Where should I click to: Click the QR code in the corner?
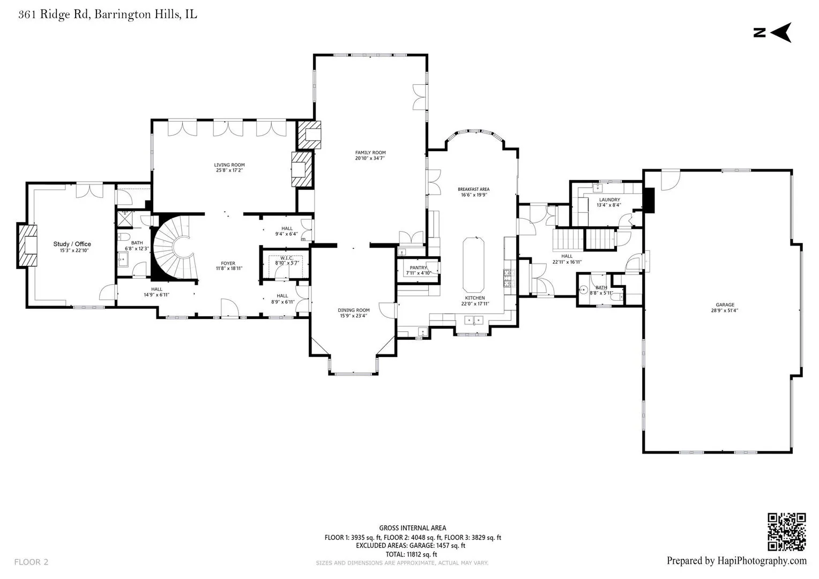point(786,531)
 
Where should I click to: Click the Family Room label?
point(370,152)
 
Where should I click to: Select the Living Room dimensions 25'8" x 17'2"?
point(229,170)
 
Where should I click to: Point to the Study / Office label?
point(72,244)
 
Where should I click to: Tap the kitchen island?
point(473,265)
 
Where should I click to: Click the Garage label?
point(725,305)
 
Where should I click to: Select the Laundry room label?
point(609,200)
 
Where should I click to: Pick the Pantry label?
point(418,268)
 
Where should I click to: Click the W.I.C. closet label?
point(287,258)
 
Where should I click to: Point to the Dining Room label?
point(354,310)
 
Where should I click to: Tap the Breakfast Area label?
point(473,189)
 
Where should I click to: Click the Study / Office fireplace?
point(27,245)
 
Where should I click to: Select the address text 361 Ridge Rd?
point(55,14)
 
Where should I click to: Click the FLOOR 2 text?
point(31,562)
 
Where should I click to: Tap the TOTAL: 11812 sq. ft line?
point(411,554)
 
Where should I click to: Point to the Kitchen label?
point(475,298)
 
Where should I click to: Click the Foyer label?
point(228,263)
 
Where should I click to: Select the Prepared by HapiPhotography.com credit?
point(736,561)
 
